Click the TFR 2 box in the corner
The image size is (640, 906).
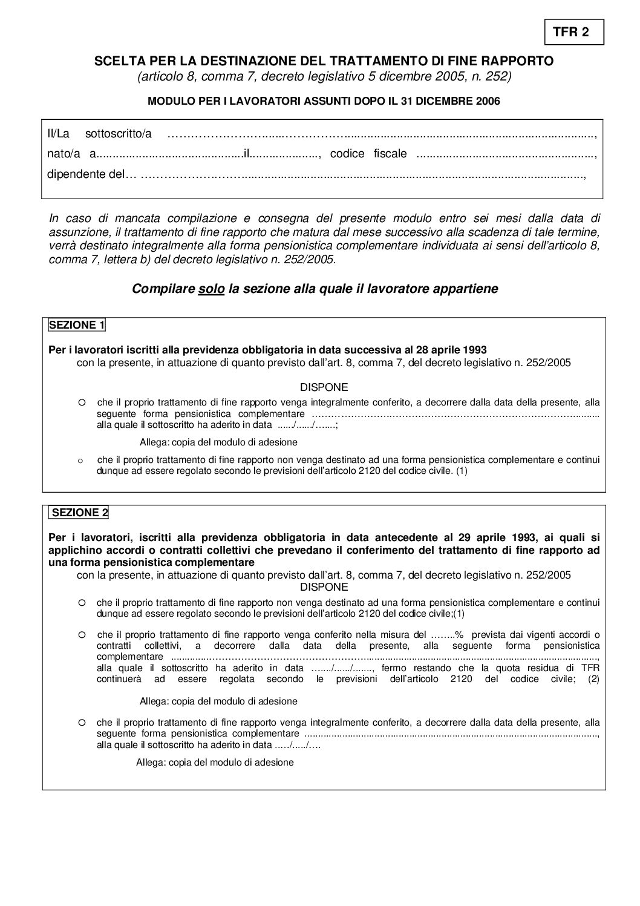pos(570,33)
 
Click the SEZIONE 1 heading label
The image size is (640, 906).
pos(77,325)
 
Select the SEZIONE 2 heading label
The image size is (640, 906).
pos(80,513)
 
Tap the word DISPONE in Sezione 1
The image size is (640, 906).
pos(324,387)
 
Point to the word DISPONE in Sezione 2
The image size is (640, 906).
pos(324,587)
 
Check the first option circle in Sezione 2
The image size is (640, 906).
pos(82,602)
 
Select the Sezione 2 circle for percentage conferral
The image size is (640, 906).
pos(82,635)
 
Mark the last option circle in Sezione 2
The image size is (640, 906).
pos(82,722)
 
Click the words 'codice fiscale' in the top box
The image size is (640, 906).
pos(368,154)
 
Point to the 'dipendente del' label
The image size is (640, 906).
pos(85,174)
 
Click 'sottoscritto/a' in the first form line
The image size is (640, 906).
pos(119,133)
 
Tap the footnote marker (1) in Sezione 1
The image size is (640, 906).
pos(462,470)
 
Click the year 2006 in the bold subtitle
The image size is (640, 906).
pos(488,101)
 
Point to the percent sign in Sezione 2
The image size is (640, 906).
pos(459,635)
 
